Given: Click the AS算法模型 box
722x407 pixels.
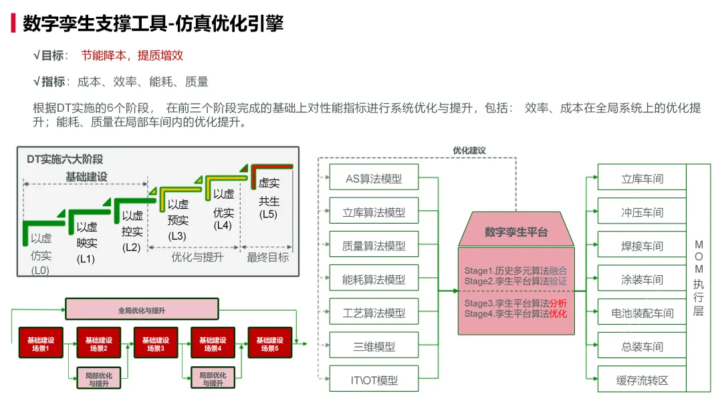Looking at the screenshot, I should click(374, 179).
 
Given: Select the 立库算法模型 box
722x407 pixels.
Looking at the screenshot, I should click(374, 212).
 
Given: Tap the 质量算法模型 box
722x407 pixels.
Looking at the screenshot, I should click(374, 246).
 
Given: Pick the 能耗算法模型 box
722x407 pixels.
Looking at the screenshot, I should click(374, 279).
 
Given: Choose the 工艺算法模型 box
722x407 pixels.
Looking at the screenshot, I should click(374, 313).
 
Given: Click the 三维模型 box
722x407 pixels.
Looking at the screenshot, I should click(374, 347).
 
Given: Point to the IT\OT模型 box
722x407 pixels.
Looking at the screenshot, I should click(374, 380).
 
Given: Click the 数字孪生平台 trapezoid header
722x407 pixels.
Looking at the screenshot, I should click(515, 232).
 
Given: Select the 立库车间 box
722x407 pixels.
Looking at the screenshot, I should click(642, 179).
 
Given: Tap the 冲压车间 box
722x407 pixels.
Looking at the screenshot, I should click(642, 212).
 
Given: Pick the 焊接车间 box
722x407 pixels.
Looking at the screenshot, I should click(642, 246).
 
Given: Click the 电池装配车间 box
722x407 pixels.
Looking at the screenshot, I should click(642, 313).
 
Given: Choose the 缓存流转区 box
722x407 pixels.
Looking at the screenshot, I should click(642, 380).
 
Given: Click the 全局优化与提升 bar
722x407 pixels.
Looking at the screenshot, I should click(142, 310).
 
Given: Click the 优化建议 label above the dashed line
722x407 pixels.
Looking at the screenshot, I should click(469, 151).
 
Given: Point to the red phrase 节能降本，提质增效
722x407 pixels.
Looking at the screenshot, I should click(132, 56).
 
